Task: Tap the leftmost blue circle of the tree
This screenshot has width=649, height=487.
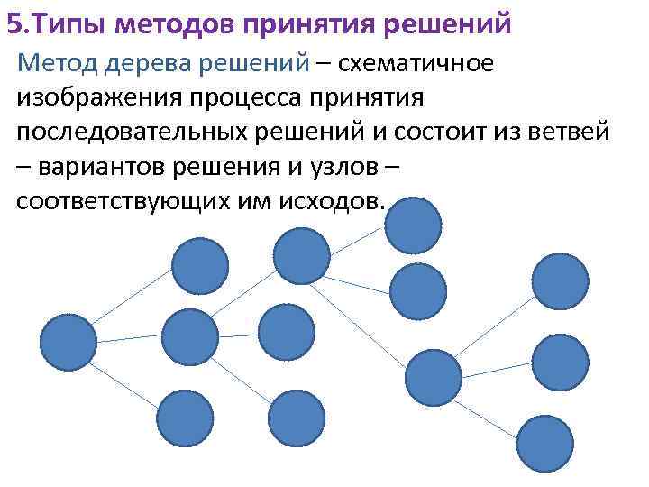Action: pyautogui.click(x=69, y=344)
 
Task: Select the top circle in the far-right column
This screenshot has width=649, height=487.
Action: pyautogui.click(x=560, y=281)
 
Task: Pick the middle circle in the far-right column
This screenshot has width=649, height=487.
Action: pyautogui.click(x=560, y=363)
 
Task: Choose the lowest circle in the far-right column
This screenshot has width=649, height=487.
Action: pyautogui.click(x=544, y=442)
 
